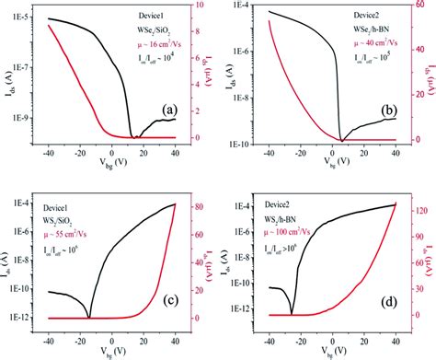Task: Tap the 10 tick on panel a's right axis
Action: click(194, 8)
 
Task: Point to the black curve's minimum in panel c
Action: click(89, 317)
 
